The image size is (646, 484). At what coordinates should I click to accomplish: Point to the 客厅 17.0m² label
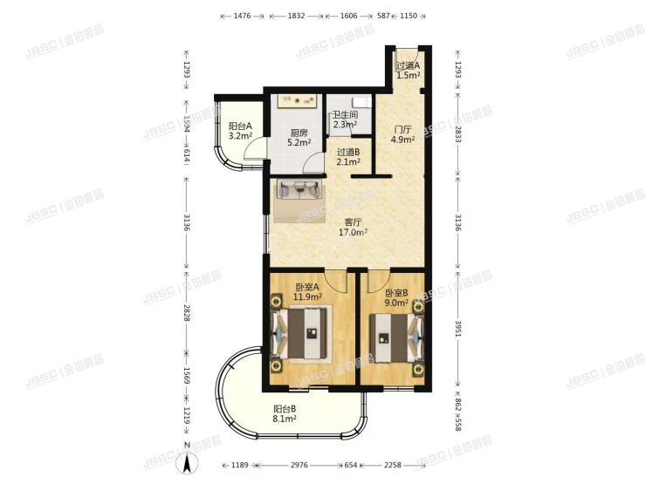(353, 227)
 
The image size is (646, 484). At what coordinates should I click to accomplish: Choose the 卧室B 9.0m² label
(394, 298)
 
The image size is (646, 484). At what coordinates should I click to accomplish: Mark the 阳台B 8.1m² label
(284, 413)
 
